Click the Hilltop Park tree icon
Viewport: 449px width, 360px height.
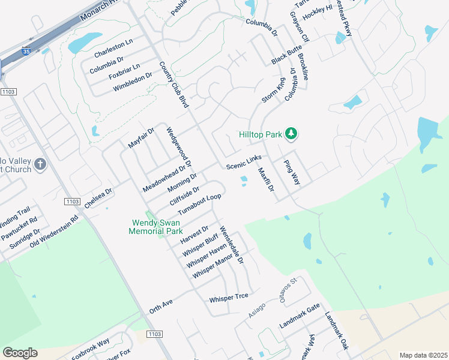point(291,133)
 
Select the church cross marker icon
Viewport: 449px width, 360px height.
point(40,164)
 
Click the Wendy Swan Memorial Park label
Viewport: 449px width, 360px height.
point(157,226)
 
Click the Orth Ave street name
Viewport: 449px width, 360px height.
point(161,307)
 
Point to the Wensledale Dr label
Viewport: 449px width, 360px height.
point(232,244)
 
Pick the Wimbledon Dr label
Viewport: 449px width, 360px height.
point(133,82)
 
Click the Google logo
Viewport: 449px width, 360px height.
point(20,352)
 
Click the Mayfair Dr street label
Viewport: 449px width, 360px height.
point(142,137)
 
